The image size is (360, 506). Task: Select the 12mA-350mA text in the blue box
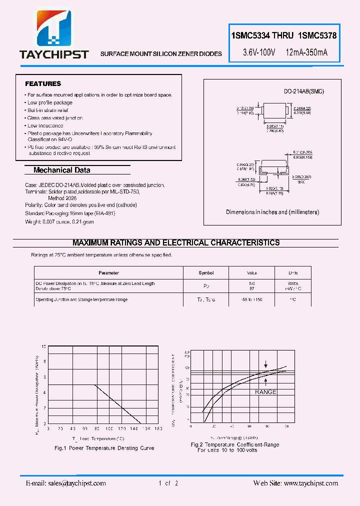click(x=307, y=52)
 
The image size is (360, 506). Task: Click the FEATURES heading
click(x=43, y=83)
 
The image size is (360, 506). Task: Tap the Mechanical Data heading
click(x=61, y=170)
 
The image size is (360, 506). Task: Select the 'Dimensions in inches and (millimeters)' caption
click(x=272, y=212)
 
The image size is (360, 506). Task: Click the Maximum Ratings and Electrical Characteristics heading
click(x=176, y=242)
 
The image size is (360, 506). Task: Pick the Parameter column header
click(x=108, y=273)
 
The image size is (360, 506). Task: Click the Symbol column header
click(x=206, y=273)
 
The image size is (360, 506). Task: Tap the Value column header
click(x=252, y=273)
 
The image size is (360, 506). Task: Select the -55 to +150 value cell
click(x=252, y=299)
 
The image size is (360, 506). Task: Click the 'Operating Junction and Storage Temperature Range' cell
click(x=81, y=299)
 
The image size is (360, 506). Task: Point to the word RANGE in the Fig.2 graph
click(x=265, y=392)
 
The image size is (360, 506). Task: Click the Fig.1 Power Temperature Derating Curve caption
click(x=104, y=448)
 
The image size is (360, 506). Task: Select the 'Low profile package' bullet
click(x=50, y=102)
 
